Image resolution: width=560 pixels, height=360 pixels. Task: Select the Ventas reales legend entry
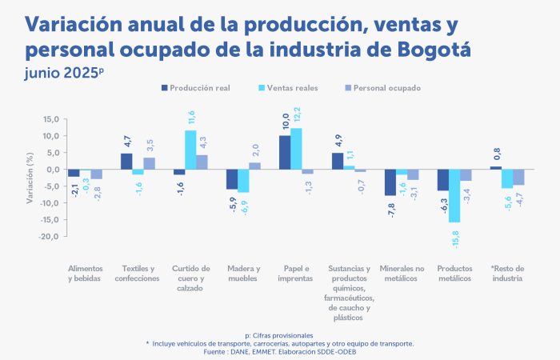pyautogui.click(x=290, y=87)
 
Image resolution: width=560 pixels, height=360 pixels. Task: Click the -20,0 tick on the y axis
pyautogui.click(x=50, y=237)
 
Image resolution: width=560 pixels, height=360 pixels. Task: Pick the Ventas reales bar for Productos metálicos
pyautogui.click(x=454, y=196)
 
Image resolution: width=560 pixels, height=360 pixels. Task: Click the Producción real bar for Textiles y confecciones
pyautogui.click(x=126, y=162)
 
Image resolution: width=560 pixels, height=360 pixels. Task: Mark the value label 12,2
pyautogui.click(x=297, y=117)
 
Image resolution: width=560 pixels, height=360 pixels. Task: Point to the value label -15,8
pyautogui.click(x=455, y=237)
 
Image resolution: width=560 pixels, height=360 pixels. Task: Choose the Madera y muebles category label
pyautogui.click(x=243, y=273)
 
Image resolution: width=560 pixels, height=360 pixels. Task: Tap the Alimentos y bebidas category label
pyautogui.click(x=85, y=273)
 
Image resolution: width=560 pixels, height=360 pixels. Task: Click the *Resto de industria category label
pyautogui.click(x=507, y=273)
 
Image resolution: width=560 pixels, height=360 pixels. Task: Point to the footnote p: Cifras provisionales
pyautogui.click(x=279, y=334)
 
